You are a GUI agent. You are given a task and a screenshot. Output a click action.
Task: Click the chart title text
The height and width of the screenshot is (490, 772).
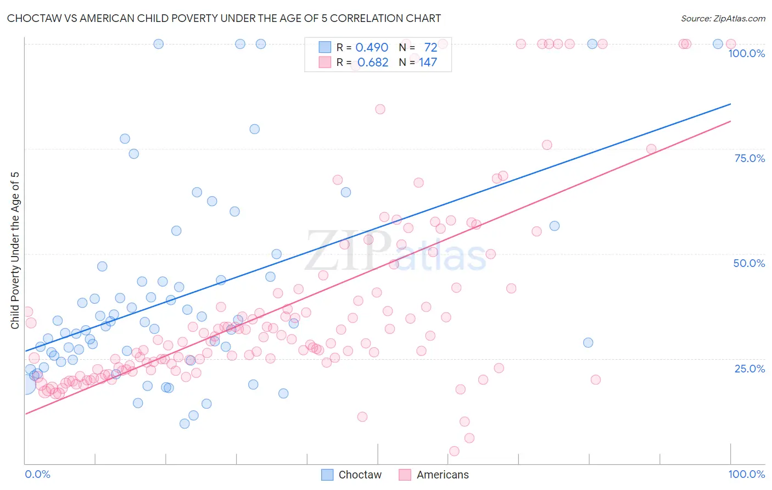click(x=224, y=18)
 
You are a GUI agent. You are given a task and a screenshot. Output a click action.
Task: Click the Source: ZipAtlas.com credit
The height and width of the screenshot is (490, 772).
click(x=723, y=18)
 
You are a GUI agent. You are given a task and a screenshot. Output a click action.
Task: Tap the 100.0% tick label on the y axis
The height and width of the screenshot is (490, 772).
click(x=746, y=53)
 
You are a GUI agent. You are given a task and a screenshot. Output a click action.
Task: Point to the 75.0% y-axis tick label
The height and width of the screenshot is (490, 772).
click(x=749, y=158)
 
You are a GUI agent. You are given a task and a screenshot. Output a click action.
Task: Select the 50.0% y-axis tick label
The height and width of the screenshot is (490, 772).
click(x=749, y=263)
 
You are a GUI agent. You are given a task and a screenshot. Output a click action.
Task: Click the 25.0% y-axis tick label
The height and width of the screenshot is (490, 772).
click(x=749, y=369)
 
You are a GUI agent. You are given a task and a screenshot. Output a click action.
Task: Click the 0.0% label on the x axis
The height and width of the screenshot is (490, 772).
click(x=37, y=474)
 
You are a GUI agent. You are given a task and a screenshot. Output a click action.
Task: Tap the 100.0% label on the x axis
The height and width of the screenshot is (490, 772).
click(x=746, y=474)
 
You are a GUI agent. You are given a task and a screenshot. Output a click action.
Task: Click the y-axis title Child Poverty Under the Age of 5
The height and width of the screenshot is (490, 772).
click(x=15, y=250)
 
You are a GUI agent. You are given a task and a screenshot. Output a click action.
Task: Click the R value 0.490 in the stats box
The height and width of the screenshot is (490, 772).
click(x=372, y=48)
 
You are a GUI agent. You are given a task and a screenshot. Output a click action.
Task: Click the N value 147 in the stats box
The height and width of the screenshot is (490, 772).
click(x=428, y=63)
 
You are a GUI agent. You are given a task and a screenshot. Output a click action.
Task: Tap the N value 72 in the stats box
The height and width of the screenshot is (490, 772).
click(x=430, y=48)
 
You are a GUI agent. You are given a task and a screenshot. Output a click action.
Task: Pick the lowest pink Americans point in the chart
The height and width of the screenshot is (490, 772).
click(x=454, y=451)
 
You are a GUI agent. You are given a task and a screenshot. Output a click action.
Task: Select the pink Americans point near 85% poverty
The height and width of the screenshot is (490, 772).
click(x=380, y=109)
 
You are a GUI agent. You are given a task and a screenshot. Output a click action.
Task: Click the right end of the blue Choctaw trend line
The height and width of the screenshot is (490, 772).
click(x=730, y=104)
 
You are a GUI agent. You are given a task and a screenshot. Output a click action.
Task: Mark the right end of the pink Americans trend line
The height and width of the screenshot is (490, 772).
click(x=730, y=121)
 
